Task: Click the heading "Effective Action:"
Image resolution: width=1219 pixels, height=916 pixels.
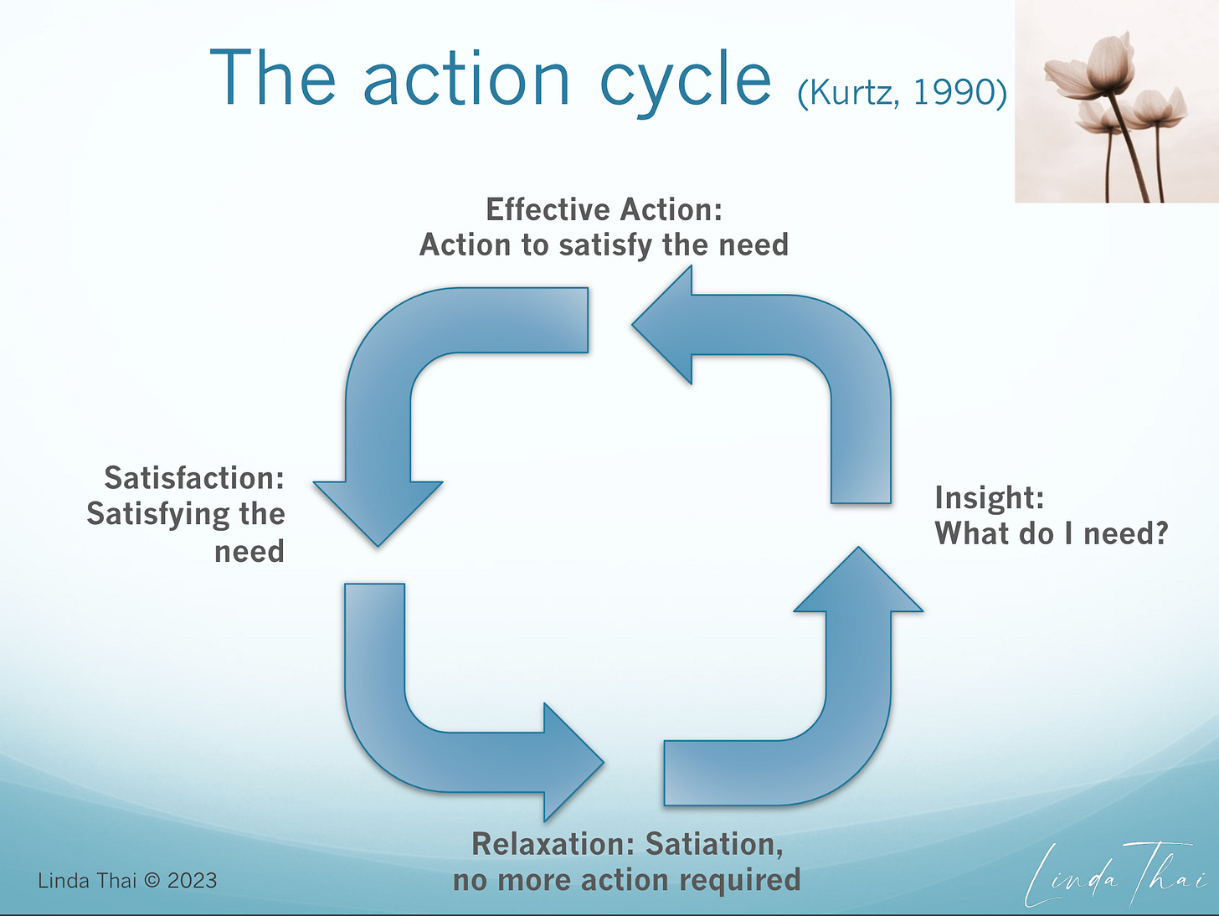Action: click(x=604, y=209)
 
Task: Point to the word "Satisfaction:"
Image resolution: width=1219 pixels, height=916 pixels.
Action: click(x=194, y=478)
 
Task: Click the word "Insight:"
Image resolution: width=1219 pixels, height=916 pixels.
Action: click(x=989, y=497)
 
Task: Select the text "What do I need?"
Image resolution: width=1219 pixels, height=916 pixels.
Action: click(x=1051, y=533)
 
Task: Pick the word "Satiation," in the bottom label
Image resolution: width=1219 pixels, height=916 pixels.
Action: click(x=714, y=844)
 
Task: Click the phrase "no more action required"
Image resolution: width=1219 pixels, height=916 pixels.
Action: click(x=626, y=880)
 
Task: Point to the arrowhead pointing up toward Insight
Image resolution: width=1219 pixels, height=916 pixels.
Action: click(x=858, y=581)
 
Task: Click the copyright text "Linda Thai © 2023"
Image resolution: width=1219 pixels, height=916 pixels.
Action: click(x=127, y=881)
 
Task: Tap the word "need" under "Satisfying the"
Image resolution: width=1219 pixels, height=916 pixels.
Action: click(x=249, y=552)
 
